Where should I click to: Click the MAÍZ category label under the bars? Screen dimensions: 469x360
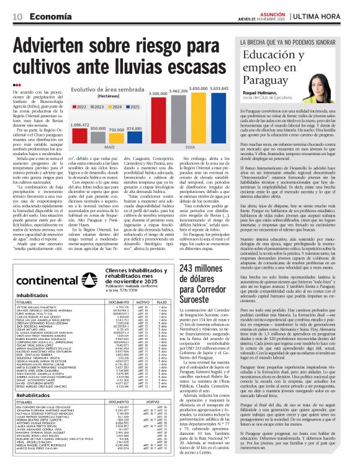(x=110, y=148)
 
